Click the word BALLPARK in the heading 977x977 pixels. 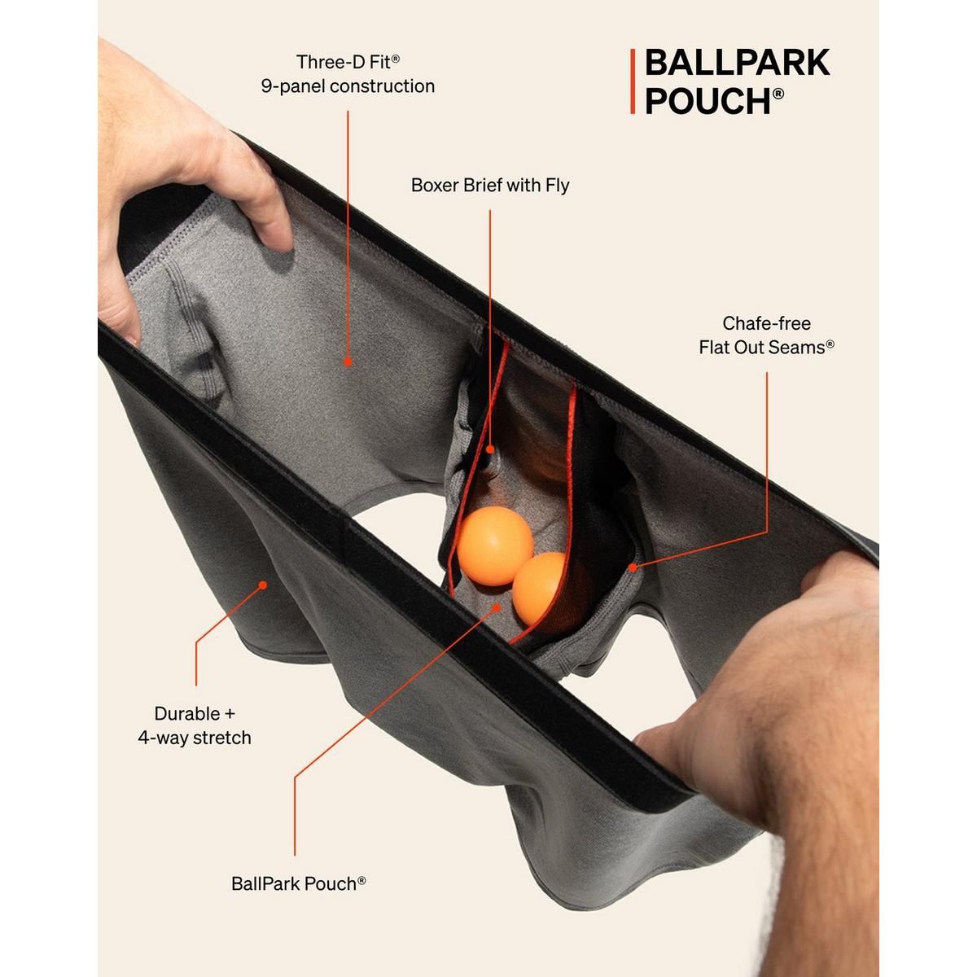point(737,64)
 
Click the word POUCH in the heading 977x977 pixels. point(708,101)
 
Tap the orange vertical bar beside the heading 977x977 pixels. point(632,81)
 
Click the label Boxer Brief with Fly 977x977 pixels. point(489,186)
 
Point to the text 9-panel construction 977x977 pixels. point(348,86)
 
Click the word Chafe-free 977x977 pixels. point(766,323)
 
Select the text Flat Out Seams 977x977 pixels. point(761,348)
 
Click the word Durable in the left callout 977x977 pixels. point(187,714)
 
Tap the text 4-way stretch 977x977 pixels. point(195,738)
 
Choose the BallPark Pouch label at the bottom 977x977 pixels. point(295,884)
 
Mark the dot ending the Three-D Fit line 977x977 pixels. point(348,362)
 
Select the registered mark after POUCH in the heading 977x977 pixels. point(778,94)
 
